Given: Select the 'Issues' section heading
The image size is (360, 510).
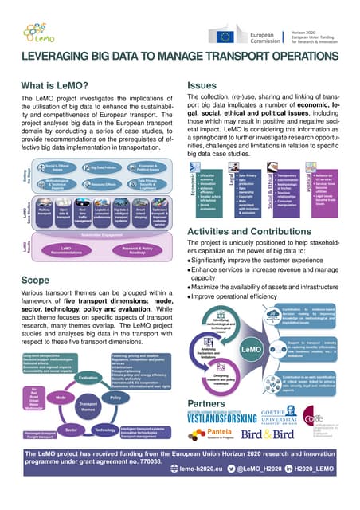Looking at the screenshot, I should (202, 85).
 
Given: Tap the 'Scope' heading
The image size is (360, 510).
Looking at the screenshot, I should (37, 281).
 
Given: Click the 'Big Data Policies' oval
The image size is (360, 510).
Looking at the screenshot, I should (104, 167).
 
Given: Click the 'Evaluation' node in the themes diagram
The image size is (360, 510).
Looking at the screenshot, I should (88, 377).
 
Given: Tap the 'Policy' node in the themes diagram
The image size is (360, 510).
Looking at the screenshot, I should (115, 396).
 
